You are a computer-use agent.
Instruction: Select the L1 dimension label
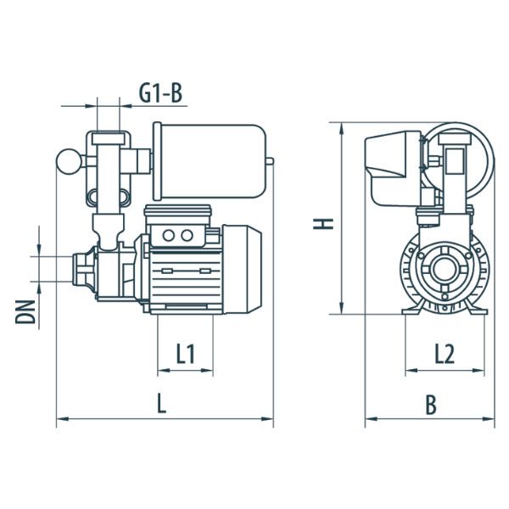tap(186, 355)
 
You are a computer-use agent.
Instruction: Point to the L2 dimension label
tap(443, 354)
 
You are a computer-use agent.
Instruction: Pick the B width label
tap(430, 406)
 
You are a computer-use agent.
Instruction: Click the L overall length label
tap(161, 405)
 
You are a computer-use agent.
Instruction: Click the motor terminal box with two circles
tap(176, 235)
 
